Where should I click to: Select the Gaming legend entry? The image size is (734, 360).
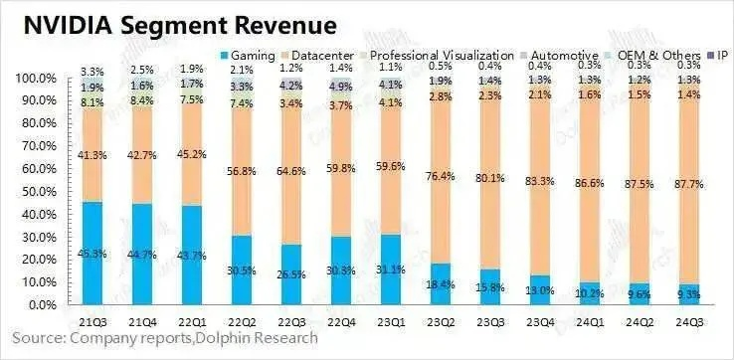click(253, 56)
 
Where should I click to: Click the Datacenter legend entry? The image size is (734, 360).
click(328, 56)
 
